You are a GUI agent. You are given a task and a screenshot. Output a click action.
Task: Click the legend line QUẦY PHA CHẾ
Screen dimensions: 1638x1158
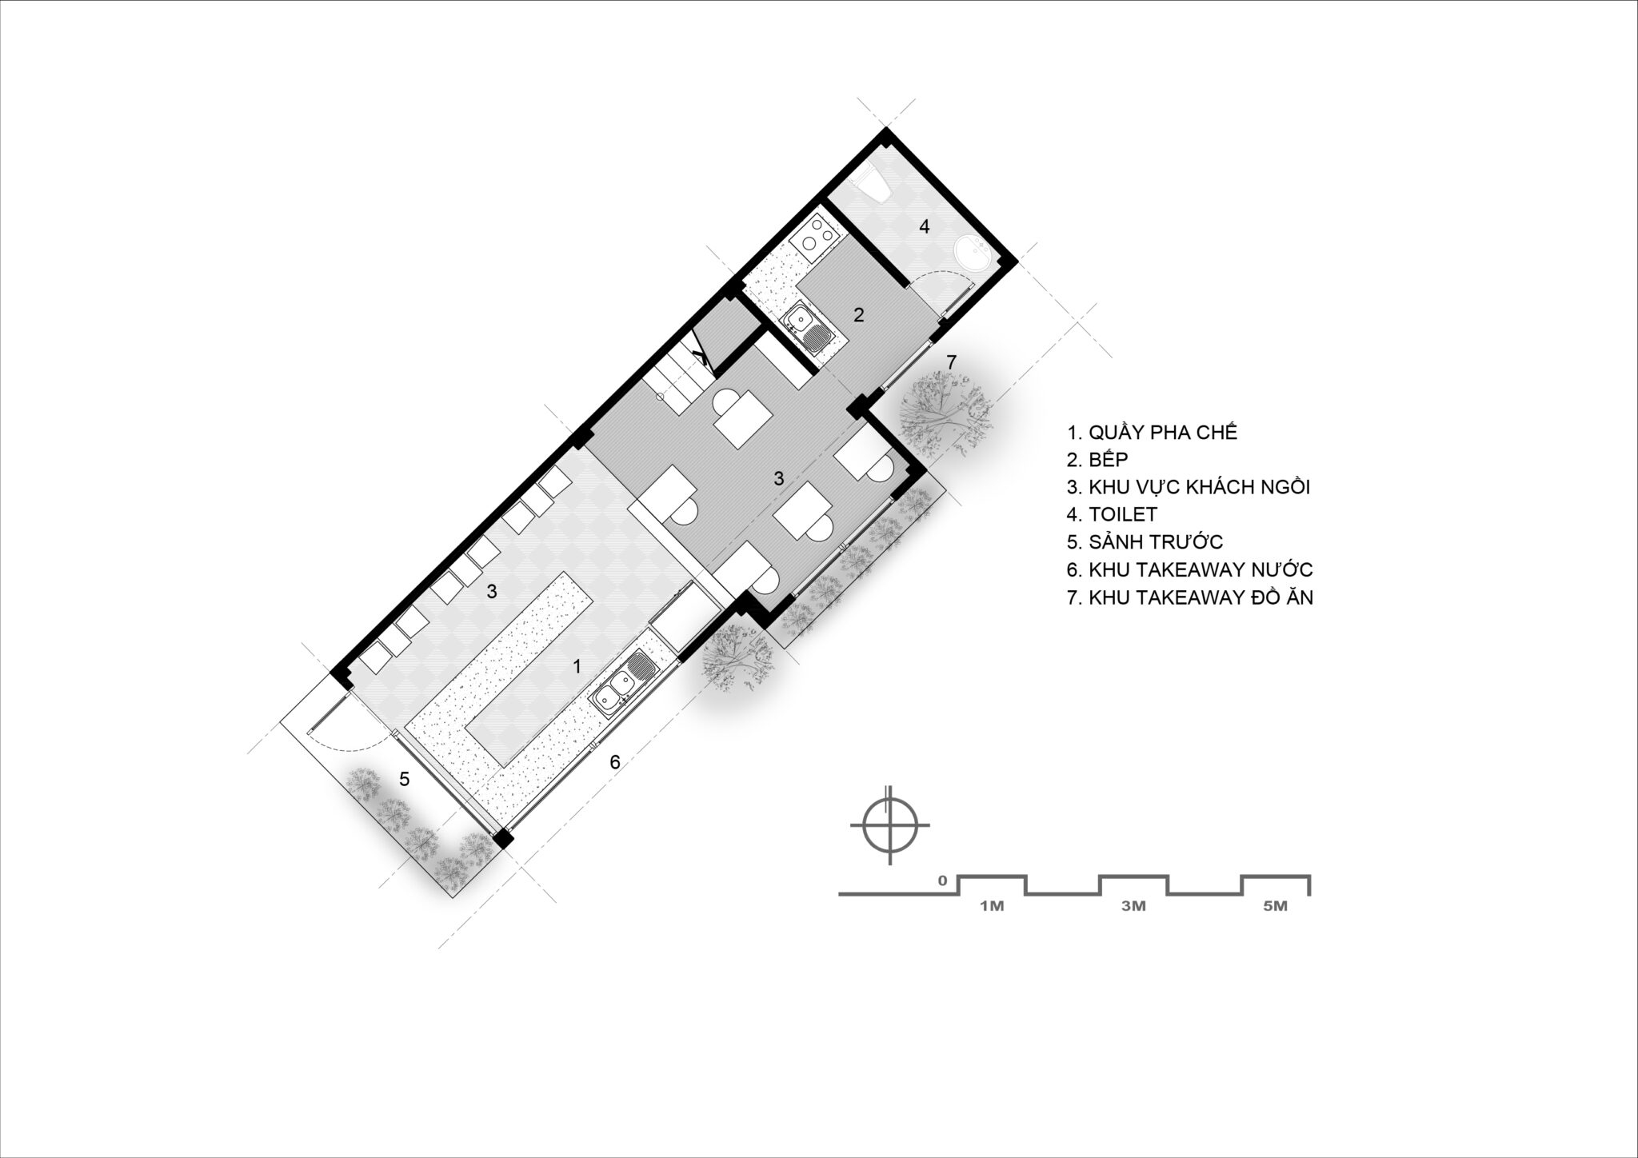tap(1152, 433)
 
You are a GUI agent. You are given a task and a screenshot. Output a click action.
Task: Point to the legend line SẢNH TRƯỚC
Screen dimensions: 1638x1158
tap(1145, 541)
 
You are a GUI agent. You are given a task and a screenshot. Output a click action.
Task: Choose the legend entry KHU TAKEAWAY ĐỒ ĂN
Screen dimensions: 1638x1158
tap(1190, 597)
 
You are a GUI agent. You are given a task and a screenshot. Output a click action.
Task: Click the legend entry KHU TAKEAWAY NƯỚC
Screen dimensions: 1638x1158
tap(1190, 569)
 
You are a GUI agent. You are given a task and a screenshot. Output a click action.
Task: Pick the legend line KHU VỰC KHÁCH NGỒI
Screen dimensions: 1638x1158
tap(1188, 487)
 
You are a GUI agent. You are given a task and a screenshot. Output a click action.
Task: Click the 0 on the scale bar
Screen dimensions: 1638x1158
tap(943, 881)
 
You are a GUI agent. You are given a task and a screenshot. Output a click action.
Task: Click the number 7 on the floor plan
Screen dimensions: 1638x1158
tap(951, 362)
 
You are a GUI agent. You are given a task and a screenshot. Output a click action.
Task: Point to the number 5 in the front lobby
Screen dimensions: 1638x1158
tap(405, 778)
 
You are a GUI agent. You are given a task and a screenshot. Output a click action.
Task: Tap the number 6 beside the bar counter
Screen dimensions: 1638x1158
tap(614, 762)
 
